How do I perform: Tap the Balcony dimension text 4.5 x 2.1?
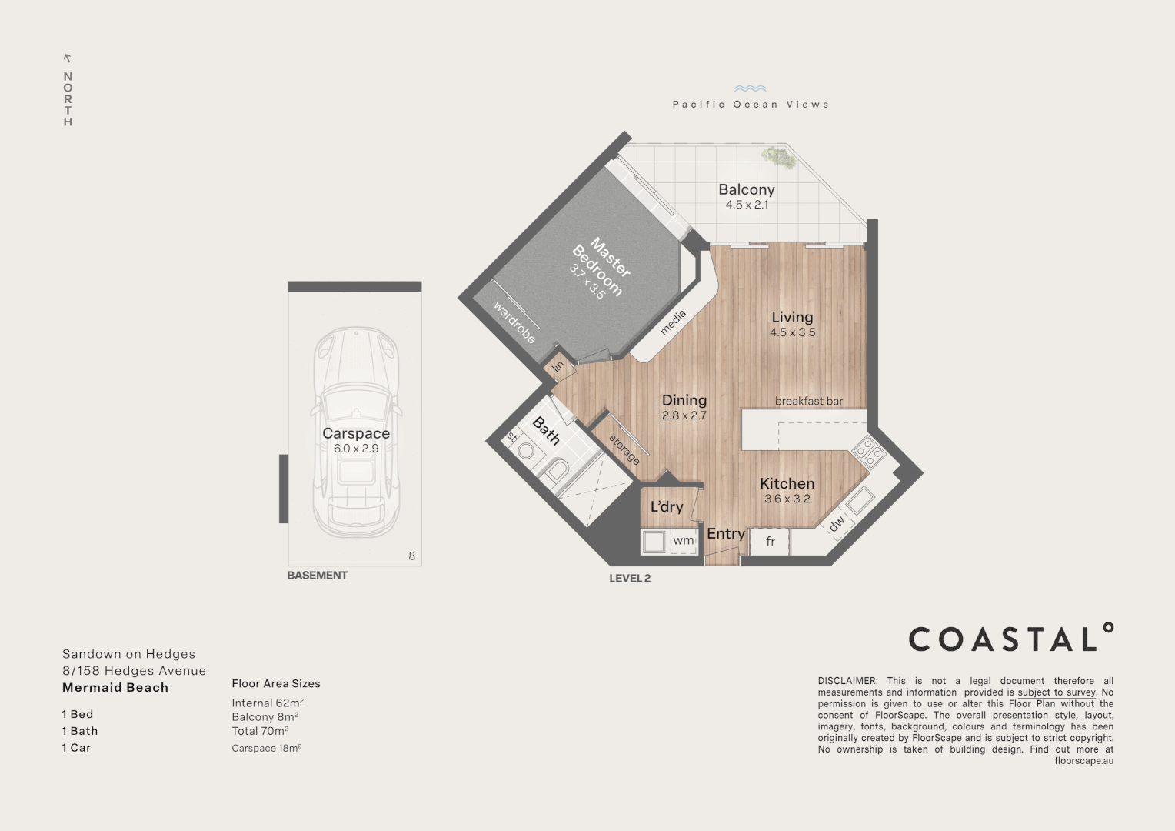[x=747, y=205]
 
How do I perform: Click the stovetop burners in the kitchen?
[x=868, y=452]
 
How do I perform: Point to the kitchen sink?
[x=860, y=499]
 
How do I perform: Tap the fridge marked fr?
[x=770, y=541]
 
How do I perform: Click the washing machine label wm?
[x=683, y=540]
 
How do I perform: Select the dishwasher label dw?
[x=837, y=523]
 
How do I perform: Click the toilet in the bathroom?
[x=556, y=470]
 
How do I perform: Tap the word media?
[x=673, y=322]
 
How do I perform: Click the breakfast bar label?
[x=809, y=401]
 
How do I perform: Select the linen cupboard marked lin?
[x=558, y=366]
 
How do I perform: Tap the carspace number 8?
[x=411, y=556]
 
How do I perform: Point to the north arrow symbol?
[x=67, y=58]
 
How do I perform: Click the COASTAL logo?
[x=1010, y=637]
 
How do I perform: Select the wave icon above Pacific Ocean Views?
[x=750, y=88]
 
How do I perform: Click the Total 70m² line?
[x=260, y=731]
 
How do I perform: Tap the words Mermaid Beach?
[x=115, y=688]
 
